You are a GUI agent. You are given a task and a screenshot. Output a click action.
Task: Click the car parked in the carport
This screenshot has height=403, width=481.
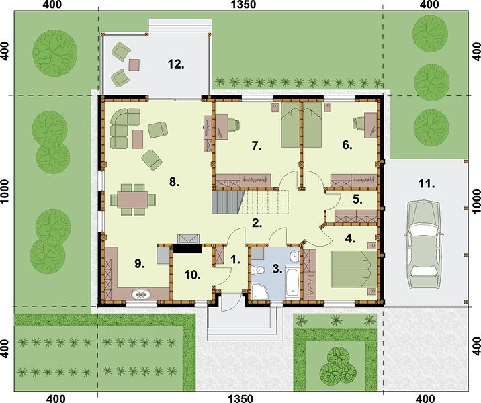[x=424, y=244]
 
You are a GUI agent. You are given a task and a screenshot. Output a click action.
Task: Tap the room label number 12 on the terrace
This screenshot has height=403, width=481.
[x=176, y=64]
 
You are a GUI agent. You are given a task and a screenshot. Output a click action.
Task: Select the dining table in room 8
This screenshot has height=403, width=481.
[x=133, y=199]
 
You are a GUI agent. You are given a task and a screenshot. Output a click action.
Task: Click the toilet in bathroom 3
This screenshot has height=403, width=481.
[x=258, y=270]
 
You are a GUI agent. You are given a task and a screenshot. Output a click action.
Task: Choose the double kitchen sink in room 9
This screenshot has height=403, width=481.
[x=141, y=294]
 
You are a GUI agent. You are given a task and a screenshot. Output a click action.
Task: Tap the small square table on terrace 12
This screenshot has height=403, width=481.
[x=134, y=64]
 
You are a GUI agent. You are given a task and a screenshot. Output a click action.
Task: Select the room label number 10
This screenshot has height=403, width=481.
[x=192, y=275]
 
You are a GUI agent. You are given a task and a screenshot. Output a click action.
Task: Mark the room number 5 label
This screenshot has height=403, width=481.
[x=357, y=199]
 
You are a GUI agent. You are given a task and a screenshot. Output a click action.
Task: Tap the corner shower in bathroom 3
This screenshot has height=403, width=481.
[x=260, y=292]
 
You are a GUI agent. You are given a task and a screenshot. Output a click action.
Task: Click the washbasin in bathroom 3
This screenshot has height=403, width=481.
[x=294, y=255]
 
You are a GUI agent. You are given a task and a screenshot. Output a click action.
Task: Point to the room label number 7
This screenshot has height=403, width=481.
[x=257, y=146]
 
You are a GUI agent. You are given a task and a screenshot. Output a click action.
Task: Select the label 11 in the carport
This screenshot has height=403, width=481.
[x=427, y=184]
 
